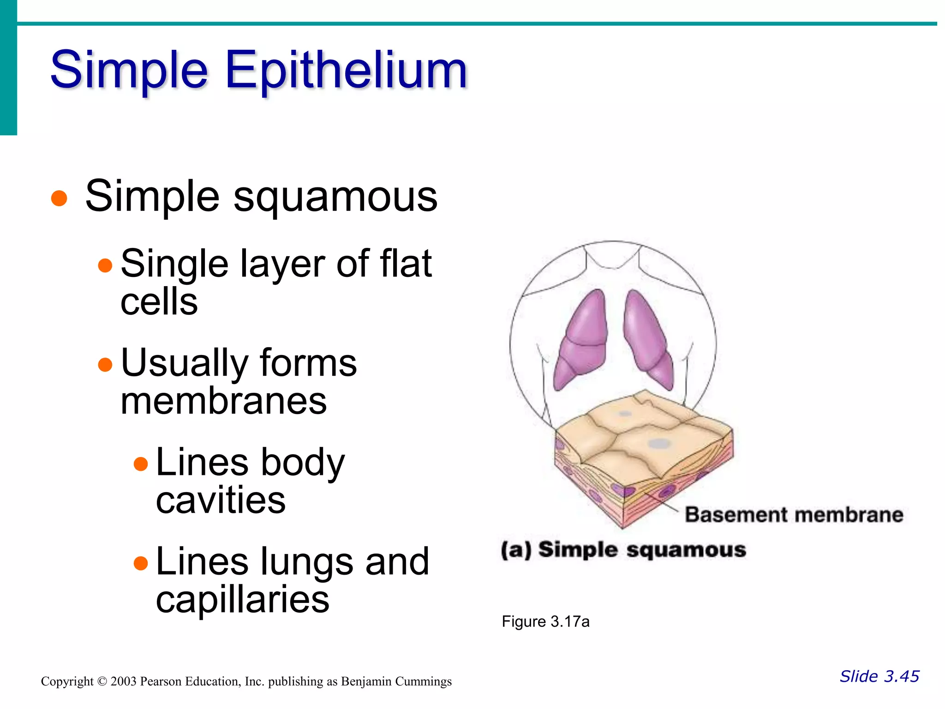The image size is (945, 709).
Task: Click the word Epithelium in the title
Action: point(347,70)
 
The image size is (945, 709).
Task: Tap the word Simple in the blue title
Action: point(130,70)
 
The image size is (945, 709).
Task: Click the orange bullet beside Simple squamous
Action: point(59,198)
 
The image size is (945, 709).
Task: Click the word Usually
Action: point(184,363)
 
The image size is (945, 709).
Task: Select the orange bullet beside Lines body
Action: point(140,463)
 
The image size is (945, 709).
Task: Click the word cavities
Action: point(221,500)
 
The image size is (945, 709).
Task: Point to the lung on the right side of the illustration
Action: point(648,339)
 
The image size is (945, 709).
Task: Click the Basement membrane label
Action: point(794,515)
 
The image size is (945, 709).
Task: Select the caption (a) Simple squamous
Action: point(623,550)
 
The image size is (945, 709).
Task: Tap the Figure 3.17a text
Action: point(545,622)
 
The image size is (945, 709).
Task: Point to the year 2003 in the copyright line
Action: point(123,682)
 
